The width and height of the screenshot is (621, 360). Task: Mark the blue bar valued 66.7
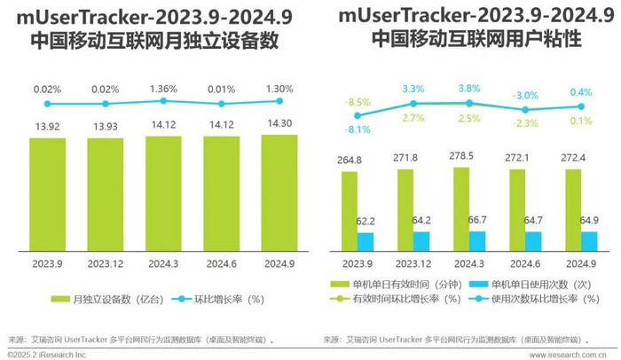[478, 240]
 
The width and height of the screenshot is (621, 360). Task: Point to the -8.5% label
[358, 103]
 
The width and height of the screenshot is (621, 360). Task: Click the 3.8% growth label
[469, 89]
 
